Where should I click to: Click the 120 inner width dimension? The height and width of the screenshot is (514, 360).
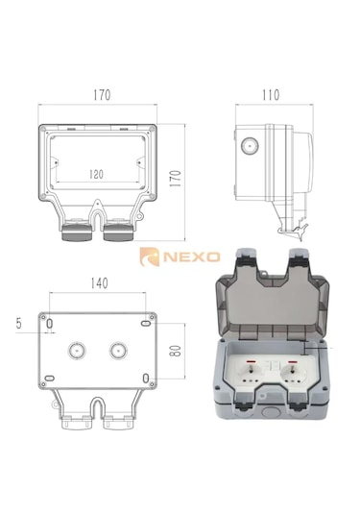[x=96, y=174]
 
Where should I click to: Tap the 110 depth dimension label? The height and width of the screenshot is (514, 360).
[x=271, y=95]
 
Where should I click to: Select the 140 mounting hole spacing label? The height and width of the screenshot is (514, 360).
[x=99, y=283]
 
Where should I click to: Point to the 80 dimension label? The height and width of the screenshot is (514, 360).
[x=177, y=351]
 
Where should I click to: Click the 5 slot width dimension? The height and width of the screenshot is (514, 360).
[x=18, y=323]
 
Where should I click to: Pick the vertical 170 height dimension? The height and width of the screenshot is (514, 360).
[x=177, y=179]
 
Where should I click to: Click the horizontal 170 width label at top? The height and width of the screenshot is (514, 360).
[x=102, y=95]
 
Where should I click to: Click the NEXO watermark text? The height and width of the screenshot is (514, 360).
[x=192, y=257]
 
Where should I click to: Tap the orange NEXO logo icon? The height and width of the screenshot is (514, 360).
[x=150, y=257]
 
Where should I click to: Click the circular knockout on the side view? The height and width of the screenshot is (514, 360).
[x=250, y=145]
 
